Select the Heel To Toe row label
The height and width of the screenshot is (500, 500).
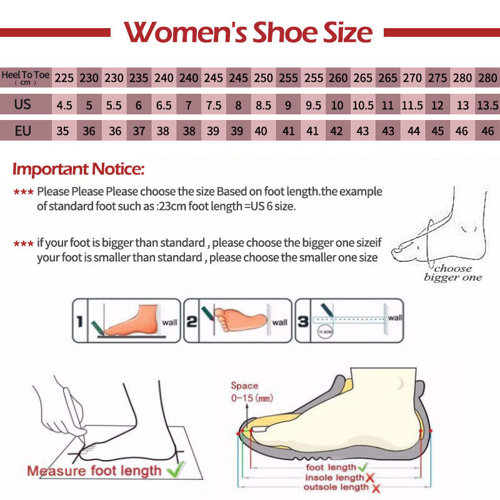26,77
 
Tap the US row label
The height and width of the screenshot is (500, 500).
23,104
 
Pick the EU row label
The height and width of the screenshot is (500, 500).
23,131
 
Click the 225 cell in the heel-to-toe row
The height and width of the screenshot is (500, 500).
64,79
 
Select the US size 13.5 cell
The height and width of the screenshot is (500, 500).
487,105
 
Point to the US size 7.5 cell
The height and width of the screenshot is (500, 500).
213,105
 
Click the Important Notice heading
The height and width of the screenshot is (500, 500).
79,169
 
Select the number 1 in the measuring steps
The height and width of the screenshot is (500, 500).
79,322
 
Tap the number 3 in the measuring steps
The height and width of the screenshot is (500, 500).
302,321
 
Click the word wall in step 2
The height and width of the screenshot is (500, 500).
279,322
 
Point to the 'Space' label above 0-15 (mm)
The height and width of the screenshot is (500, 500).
244,386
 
